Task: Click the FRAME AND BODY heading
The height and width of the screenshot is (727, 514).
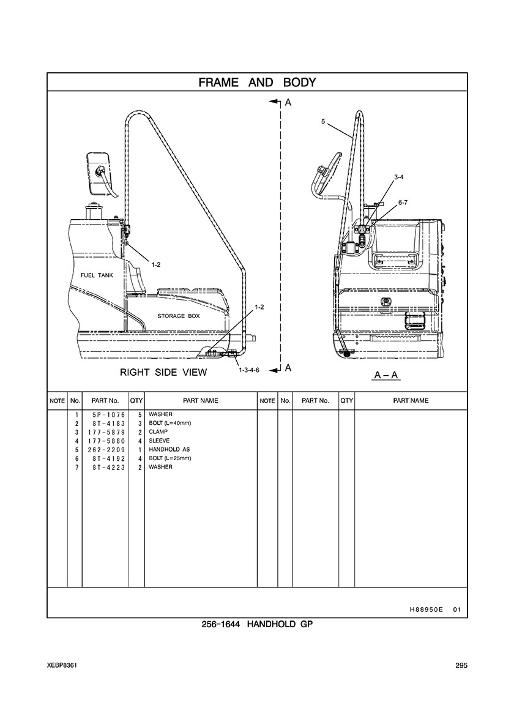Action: pyautogui.click(x=257, y=83)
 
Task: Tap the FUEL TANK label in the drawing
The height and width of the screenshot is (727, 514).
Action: pyautogui.click(x=97, y=275)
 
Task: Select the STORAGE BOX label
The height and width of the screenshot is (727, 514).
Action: pyautogui.click(x=179, y=316)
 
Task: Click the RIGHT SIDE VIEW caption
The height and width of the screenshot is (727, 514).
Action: pyautogui.click(x=163, y=372)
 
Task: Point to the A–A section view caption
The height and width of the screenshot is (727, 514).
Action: pyautogui.click(x=386, y=373)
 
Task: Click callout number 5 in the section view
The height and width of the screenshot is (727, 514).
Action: pyautogui.click(x=322, y=122)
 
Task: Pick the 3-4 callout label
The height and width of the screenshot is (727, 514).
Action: pyautogui.click(x=398, y=177)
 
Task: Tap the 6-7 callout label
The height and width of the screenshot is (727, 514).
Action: pyautogui.click(x=403, y=202)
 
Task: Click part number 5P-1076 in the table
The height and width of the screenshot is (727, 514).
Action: pyautogui.click(x=105, y=415)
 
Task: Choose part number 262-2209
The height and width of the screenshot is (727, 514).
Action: pyautogui.click(x=105, y=450)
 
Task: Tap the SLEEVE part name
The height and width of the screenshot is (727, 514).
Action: pyautogui.click(x=159, y=441)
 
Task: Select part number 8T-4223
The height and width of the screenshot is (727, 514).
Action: pyautogui.click(x=105, y=468)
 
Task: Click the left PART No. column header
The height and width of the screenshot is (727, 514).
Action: pyautogui.click(x=105, y=401)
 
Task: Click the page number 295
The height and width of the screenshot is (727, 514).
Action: pyautogui.click(x=461, y=666)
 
